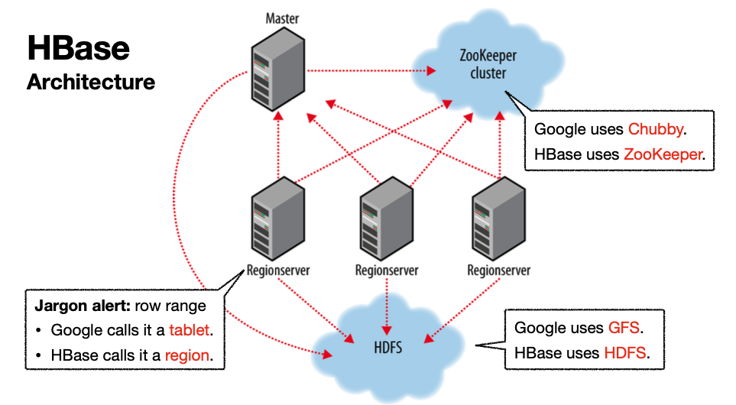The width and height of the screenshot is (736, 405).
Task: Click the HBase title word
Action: pos(79,49)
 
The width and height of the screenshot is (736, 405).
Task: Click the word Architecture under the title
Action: pos(90,82)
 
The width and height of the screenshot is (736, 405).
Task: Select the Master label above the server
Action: pos(282,17)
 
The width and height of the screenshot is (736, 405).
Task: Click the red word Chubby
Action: pos(655,129)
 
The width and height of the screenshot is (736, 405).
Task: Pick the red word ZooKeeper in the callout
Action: pos(662,154)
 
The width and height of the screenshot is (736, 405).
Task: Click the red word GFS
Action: pos(623,328)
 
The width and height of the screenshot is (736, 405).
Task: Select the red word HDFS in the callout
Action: pos(624,353)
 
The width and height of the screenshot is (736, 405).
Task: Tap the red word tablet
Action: pos(187,331)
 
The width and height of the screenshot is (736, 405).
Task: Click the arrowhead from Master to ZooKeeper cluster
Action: pos(431,72)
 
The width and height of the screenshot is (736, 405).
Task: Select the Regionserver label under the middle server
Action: pos(387,271)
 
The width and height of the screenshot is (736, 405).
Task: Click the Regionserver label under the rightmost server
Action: pos(498,271)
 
